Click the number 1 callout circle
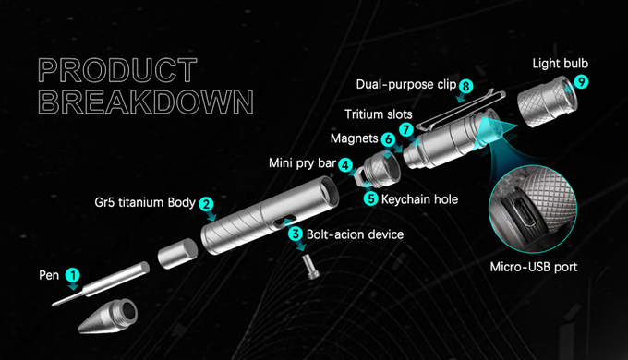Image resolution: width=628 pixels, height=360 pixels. click(x=73, y=275)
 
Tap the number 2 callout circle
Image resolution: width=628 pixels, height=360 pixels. click(x=206, y=204)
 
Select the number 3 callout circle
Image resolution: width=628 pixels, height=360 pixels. click(x=296, y=234)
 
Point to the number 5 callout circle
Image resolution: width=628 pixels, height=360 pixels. click(x=371, y=199)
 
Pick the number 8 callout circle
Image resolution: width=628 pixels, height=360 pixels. click(x=465, y=86)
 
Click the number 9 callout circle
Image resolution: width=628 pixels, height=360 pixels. click(x=581, y=82)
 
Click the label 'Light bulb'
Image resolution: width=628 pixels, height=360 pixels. click(x=560, y=64)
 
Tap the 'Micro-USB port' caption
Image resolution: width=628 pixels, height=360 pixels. click(x=534, y=267)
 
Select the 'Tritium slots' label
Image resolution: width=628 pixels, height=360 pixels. click(x=379, y=114)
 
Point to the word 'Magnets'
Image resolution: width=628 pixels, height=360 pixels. click(x=354, y=138)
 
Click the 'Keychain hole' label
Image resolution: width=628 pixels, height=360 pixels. click(x=419, y=199)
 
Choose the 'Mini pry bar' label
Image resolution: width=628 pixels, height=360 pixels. click(x=302, y=163)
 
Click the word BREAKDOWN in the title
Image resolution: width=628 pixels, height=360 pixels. click(x=146, y=102)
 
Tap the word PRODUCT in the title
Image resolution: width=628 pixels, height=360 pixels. click(x=117, y=70)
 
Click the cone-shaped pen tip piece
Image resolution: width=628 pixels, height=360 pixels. click(x=107, y=317)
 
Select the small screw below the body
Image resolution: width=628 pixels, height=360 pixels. click(x=311, y=266)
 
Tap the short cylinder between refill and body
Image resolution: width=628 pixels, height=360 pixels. click(x=177, y=254)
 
